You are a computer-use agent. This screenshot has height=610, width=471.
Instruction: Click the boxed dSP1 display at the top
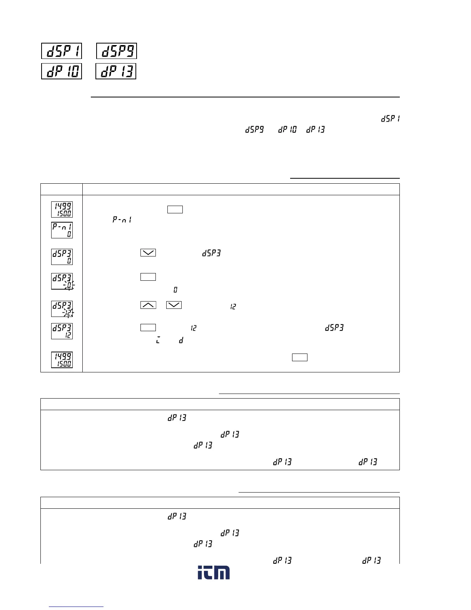pos(62,51)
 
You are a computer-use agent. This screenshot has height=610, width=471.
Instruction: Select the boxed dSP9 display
pos(117,51)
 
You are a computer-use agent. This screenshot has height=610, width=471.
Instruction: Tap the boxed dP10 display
pos(62,71)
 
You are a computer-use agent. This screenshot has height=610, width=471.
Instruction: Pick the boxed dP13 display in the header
pos(117,71)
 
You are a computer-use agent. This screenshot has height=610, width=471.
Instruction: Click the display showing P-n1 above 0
pos(62,230)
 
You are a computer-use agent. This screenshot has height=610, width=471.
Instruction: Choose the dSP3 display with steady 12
pos(62,331)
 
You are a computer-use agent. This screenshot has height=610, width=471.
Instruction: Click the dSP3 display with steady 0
pos(62,256)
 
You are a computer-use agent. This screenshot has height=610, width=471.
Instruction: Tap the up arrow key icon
pos(148,305)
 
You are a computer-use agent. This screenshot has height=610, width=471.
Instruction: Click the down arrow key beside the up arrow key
pos(174,305)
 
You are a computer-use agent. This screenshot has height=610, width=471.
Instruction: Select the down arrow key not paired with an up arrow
pos(148,253)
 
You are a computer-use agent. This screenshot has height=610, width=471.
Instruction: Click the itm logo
pos(214,573)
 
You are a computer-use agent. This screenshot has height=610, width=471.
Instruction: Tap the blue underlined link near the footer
pos(77,607)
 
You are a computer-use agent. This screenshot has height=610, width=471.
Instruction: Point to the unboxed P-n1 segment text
pos(122,220)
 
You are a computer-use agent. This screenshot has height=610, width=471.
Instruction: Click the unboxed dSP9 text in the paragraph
pos(255,130)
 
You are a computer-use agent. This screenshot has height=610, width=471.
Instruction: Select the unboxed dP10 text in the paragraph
pos(287,130)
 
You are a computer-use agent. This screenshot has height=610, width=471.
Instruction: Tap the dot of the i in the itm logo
pos(200,568)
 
